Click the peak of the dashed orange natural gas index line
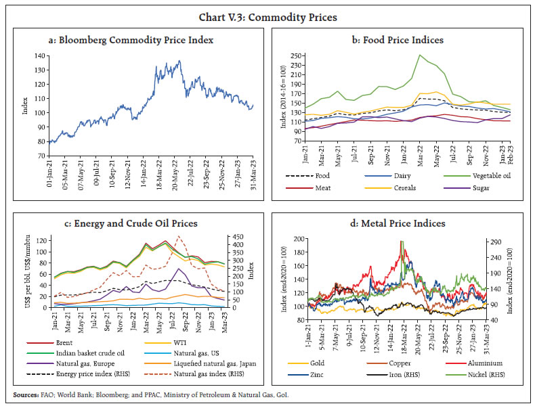(179, 237)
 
